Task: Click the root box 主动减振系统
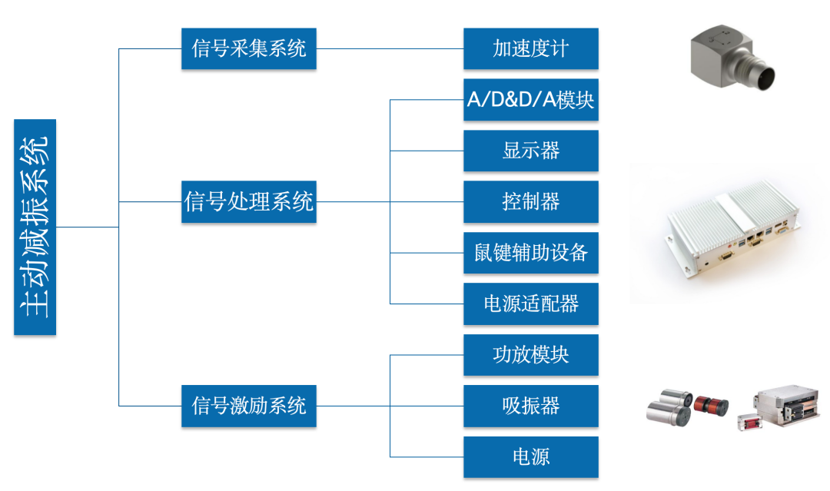click(35, 227)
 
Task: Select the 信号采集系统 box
click(248, 48)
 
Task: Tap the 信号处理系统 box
click(248, 202)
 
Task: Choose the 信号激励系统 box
click(248, 406)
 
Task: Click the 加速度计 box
click(530, 48)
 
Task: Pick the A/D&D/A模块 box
click(530, 100)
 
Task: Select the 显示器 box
click(530, 151)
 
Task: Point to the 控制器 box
click(530, 202)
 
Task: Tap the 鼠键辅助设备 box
click(530, 253)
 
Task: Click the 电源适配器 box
click(530, 304)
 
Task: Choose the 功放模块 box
click(530, 355)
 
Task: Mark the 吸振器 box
click(530, 406)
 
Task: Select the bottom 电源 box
click(530, 457)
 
